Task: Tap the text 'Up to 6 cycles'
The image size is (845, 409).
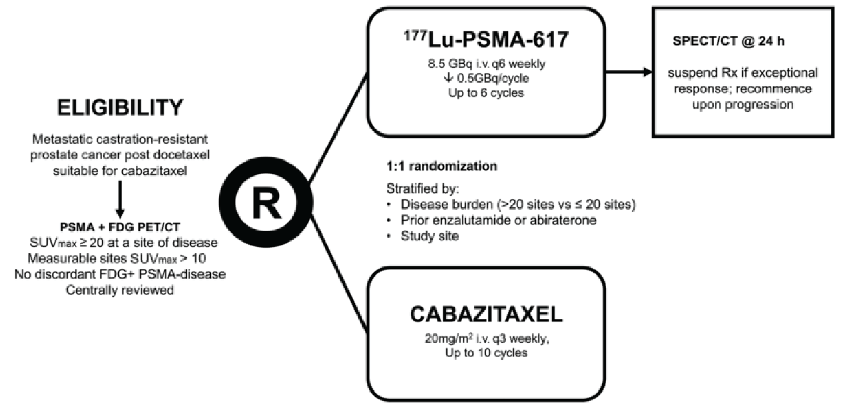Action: (x=485, y=94)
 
